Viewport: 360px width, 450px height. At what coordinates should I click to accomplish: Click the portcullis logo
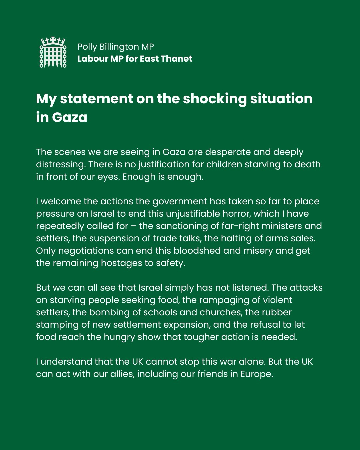53,52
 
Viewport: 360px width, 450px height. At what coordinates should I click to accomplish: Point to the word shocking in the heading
215,99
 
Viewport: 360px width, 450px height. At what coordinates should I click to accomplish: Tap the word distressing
60,164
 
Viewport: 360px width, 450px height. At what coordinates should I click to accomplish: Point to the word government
180,202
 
